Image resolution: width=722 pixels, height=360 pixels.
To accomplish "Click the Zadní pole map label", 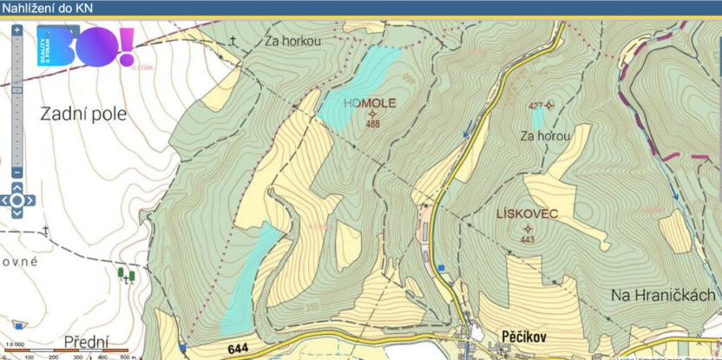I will coord(83,114).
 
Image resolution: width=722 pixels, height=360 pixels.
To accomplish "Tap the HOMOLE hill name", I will coord(369,102).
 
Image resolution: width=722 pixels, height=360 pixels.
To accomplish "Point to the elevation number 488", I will coord(373,124).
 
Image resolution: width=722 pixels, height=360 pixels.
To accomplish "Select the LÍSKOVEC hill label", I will coord(528,213).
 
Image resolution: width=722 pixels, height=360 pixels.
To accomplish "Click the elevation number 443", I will coord(528,239).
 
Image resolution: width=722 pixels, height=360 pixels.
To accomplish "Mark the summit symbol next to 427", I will coord(548,106).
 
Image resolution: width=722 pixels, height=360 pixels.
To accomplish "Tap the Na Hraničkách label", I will coord(664,296).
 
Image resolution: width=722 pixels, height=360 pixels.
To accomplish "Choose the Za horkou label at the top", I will coord(293,41).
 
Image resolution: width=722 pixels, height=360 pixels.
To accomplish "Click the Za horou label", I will coord(545,136).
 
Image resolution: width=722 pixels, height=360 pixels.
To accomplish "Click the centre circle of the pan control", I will coord(17,200).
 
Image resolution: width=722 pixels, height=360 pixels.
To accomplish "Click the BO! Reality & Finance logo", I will coord(85,47).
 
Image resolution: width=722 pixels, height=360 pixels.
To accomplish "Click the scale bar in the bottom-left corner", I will coord(65,350).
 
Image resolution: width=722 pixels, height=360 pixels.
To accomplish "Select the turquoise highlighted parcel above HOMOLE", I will coord(358,87).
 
